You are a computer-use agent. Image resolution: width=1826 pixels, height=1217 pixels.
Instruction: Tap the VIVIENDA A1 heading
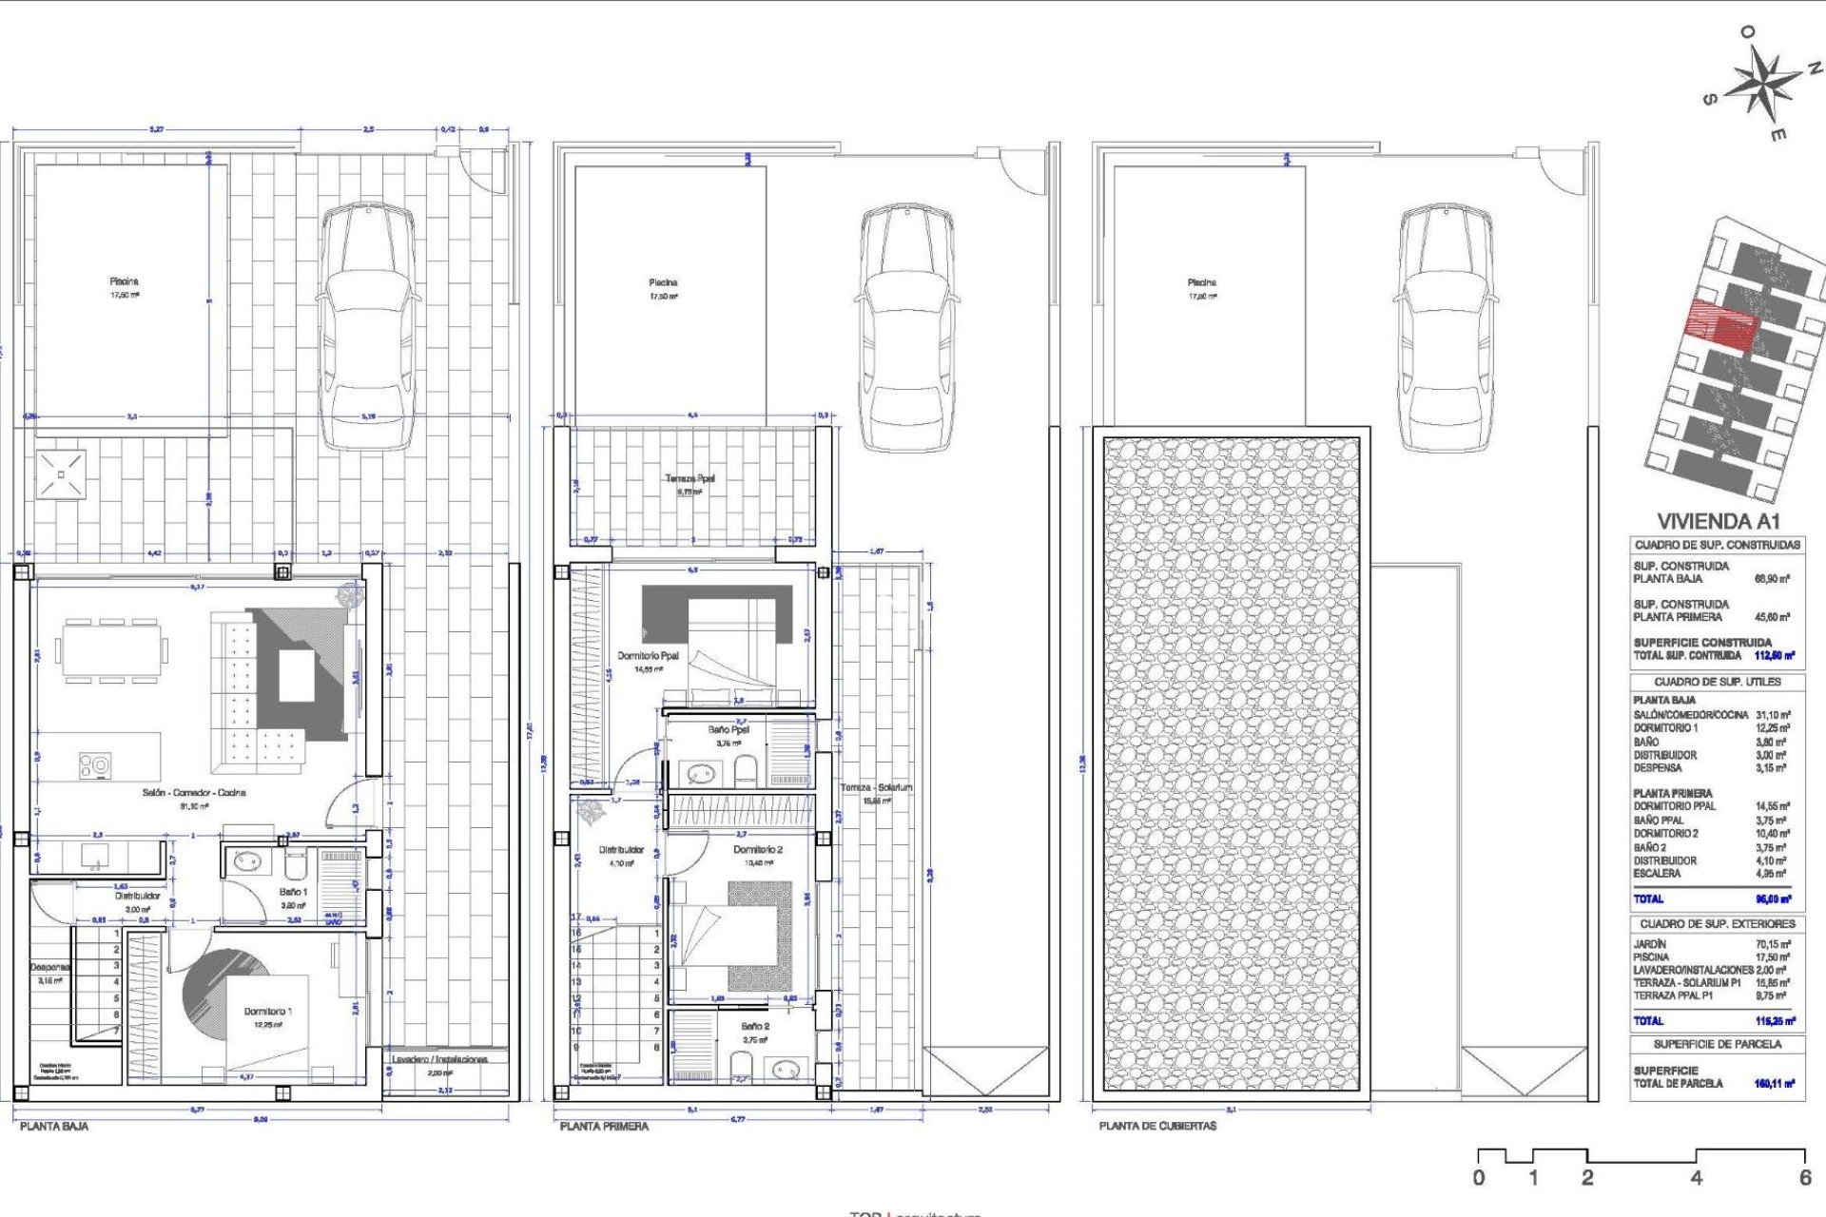(1718, 521)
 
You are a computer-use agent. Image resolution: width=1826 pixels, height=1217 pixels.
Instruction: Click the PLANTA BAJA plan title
(54, 1126)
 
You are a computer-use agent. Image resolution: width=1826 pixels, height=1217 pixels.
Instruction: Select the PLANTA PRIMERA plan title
(604, 1126)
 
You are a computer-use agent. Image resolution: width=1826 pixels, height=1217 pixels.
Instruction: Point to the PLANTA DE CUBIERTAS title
(1157, 1126)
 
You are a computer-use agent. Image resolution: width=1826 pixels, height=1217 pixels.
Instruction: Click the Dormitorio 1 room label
(268, 1012)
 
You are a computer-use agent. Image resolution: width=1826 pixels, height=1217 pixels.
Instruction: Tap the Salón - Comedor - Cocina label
(194, 792)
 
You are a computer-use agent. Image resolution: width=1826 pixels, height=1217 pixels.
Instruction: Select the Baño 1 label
(293, 892)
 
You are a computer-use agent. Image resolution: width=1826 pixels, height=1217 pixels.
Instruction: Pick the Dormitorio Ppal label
(649, 656)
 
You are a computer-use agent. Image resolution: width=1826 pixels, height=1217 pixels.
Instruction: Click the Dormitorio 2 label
(758, 850)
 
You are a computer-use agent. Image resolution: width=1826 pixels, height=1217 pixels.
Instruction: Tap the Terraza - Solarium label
(876, 787)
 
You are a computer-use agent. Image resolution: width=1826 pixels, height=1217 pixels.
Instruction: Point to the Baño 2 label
(755, 1027)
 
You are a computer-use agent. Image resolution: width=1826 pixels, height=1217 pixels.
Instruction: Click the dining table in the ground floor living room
(111, 651)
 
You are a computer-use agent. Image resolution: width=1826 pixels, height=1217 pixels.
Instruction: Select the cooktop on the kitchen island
(94, 765)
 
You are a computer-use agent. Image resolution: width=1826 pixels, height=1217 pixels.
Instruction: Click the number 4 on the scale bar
(1696, 1177)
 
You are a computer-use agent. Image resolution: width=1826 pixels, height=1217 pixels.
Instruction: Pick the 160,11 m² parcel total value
(1774, 1083)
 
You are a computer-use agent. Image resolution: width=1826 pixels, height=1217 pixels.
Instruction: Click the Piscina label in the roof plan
(1201, 282)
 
